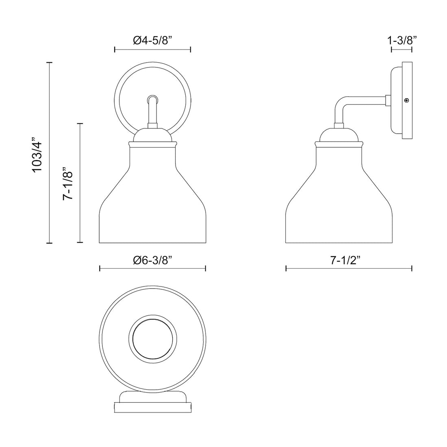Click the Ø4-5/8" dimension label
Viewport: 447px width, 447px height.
[x=153, y=41]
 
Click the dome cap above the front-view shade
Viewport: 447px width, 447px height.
[x=152, y=135]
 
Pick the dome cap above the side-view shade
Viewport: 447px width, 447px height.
[x=339, y=135]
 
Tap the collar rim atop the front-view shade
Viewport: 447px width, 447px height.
[x=152, y=144]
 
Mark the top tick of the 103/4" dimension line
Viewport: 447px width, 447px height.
[x=50, y=63]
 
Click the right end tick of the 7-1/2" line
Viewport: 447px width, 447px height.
[x=412, y=268]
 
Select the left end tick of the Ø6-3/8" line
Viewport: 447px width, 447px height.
[x=100, y=268]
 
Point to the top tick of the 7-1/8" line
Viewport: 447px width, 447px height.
[x=80, y=123]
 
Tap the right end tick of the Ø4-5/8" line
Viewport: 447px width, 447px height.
[x=191, y=50]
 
